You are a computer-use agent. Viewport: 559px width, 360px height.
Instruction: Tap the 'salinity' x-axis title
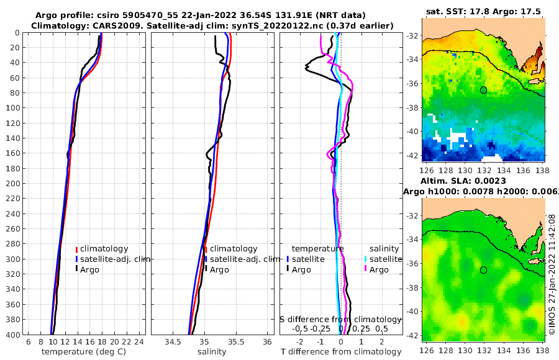[x=212, y=352]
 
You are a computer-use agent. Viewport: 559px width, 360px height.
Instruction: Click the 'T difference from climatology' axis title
[x=341, y=352]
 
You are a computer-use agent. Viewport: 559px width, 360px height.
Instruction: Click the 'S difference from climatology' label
[x=340, y=319]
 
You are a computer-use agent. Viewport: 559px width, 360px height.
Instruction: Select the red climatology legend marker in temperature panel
[x=77, y=249]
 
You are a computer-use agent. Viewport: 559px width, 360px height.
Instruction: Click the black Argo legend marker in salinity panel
[x=206, y=269]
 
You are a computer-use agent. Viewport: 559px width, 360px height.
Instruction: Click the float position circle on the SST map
[x=483, y=90]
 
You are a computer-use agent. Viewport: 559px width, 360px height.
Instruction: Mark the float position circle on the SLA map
[x=483, y=270]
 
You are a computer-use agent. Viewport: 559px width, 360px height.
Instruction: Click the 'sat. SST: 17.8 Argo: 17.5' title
[x=483, y=11]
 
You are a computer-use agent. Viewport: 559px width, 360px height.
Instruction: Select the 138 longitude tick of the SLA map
[x=542, y=351]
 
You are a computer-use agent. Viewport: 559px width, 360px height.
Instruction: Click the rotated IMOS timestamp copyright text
[x=552, y=273]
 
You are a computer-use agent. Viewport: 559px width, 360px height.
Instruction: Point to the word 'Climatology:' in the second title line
[x=58, y=25]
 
